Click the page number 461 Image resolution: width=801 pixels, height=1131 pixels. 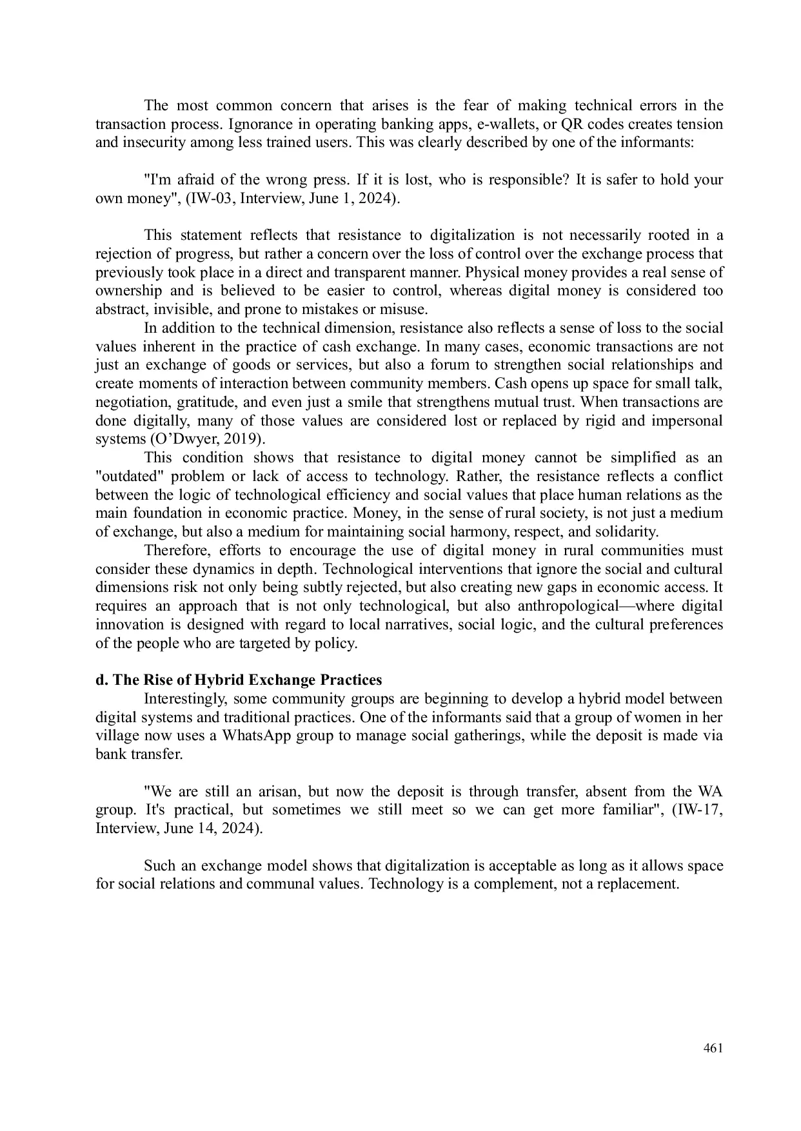point(713,1048)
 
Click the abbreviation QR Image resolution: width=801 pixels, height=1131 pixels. point(573,124)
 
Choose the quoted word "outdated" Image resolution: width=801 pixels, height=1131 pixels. point(126,477)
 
